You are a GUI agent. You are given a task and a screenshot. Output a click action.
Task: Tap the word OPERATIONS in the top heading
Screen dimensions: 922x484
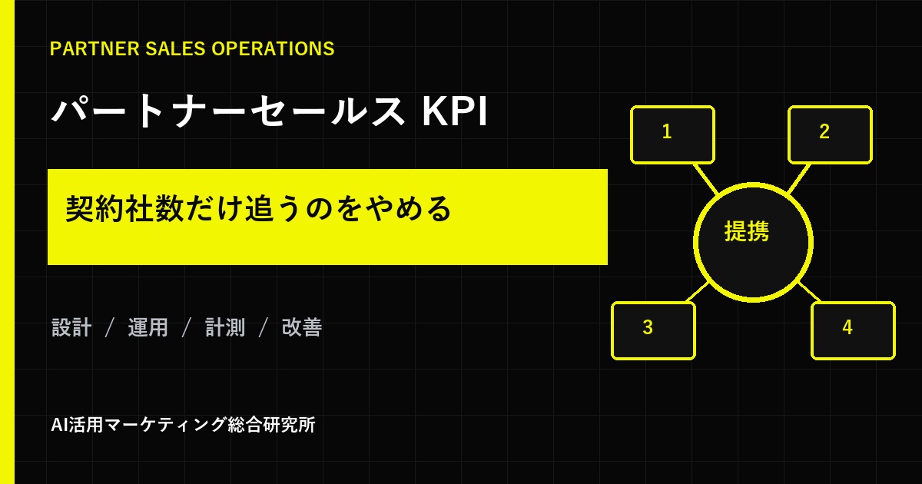tap(273, 48)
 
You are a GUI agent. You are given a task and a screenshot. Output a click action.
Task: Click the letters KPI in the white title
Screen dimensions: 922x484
tap(455, 111)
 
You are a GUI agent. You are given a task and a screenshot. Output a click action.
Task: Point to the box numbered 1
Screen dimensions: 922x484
tap(672, 134)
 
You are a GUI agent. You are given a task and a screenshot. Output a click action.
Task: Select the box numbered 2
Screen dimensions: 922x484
tap(831, 134)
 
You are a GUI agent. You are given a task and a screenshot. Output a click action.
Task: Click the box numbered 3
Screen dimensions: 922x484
tap(653, 330)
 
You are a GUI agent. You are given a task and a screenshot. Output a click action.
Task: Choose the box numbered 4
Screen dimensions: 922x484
tap(854, 330)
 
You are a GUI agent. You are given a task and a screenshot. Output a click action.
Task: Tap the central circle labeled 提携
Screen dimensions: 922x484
tap(753, 243)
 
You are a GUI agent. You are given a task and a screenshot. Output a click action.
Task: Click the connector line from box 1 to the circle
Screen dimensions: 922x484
tap(705, 178)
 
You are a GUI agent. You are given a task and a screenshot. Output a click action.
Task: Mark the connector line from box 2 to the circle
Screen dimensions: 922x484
tap(799, 178)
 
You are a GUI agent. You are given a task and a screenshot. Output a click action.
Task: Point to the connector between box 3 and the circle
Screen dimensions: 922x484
tap(698, 292)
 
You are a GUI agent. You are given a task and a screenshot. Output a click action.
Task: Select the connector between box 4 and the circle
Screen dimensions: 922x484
tap(809, 292)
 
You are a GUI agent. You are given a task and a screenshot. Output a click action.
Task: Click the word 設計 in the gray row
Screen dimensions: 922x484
tap(71, 327)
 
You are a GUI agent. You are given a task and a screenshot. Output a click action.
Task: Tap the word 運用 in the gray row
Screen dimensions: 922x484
tap(148, 327)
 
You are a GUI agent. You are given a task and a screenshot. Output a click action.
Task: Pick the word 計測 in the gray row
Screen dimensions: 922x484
tap(225, 327)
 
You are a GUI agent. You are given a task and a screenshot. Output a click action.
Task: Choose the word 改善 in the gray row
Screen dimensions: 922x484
tap(302, 327)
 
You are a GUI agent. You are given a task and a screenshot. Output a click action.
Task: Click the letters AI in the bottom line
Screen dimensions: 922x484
tap(59, 425)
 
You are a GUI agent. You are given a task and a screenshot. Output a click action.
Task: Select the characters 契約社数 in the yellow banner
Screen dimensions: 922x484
tap(124, 209)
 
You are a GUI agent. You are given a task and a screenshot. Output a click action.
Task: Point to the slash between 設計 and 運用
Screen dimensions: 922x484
tap(109, 327)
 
